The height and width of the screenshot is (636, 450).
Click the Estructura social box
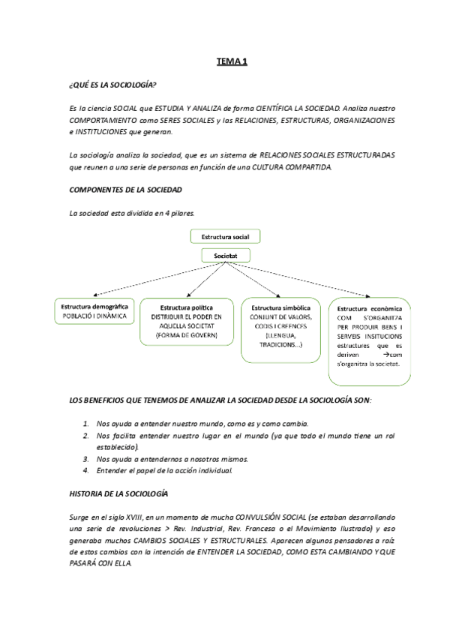click(x=225, y=236)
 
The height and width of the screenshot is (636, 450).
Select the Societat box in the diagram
click(x=225, y=256)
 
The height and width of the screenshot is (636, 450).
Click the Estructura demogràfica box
click(x=94, y=312)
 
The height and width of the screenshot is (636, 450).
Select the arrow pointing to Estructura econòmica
click(x=307, y=282)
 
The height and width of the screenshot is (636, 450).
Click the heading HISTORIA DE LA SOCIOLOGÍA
click(x=118, y=494)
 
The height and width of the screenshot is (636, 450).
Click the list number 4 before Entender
click(x=86, y=470)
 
